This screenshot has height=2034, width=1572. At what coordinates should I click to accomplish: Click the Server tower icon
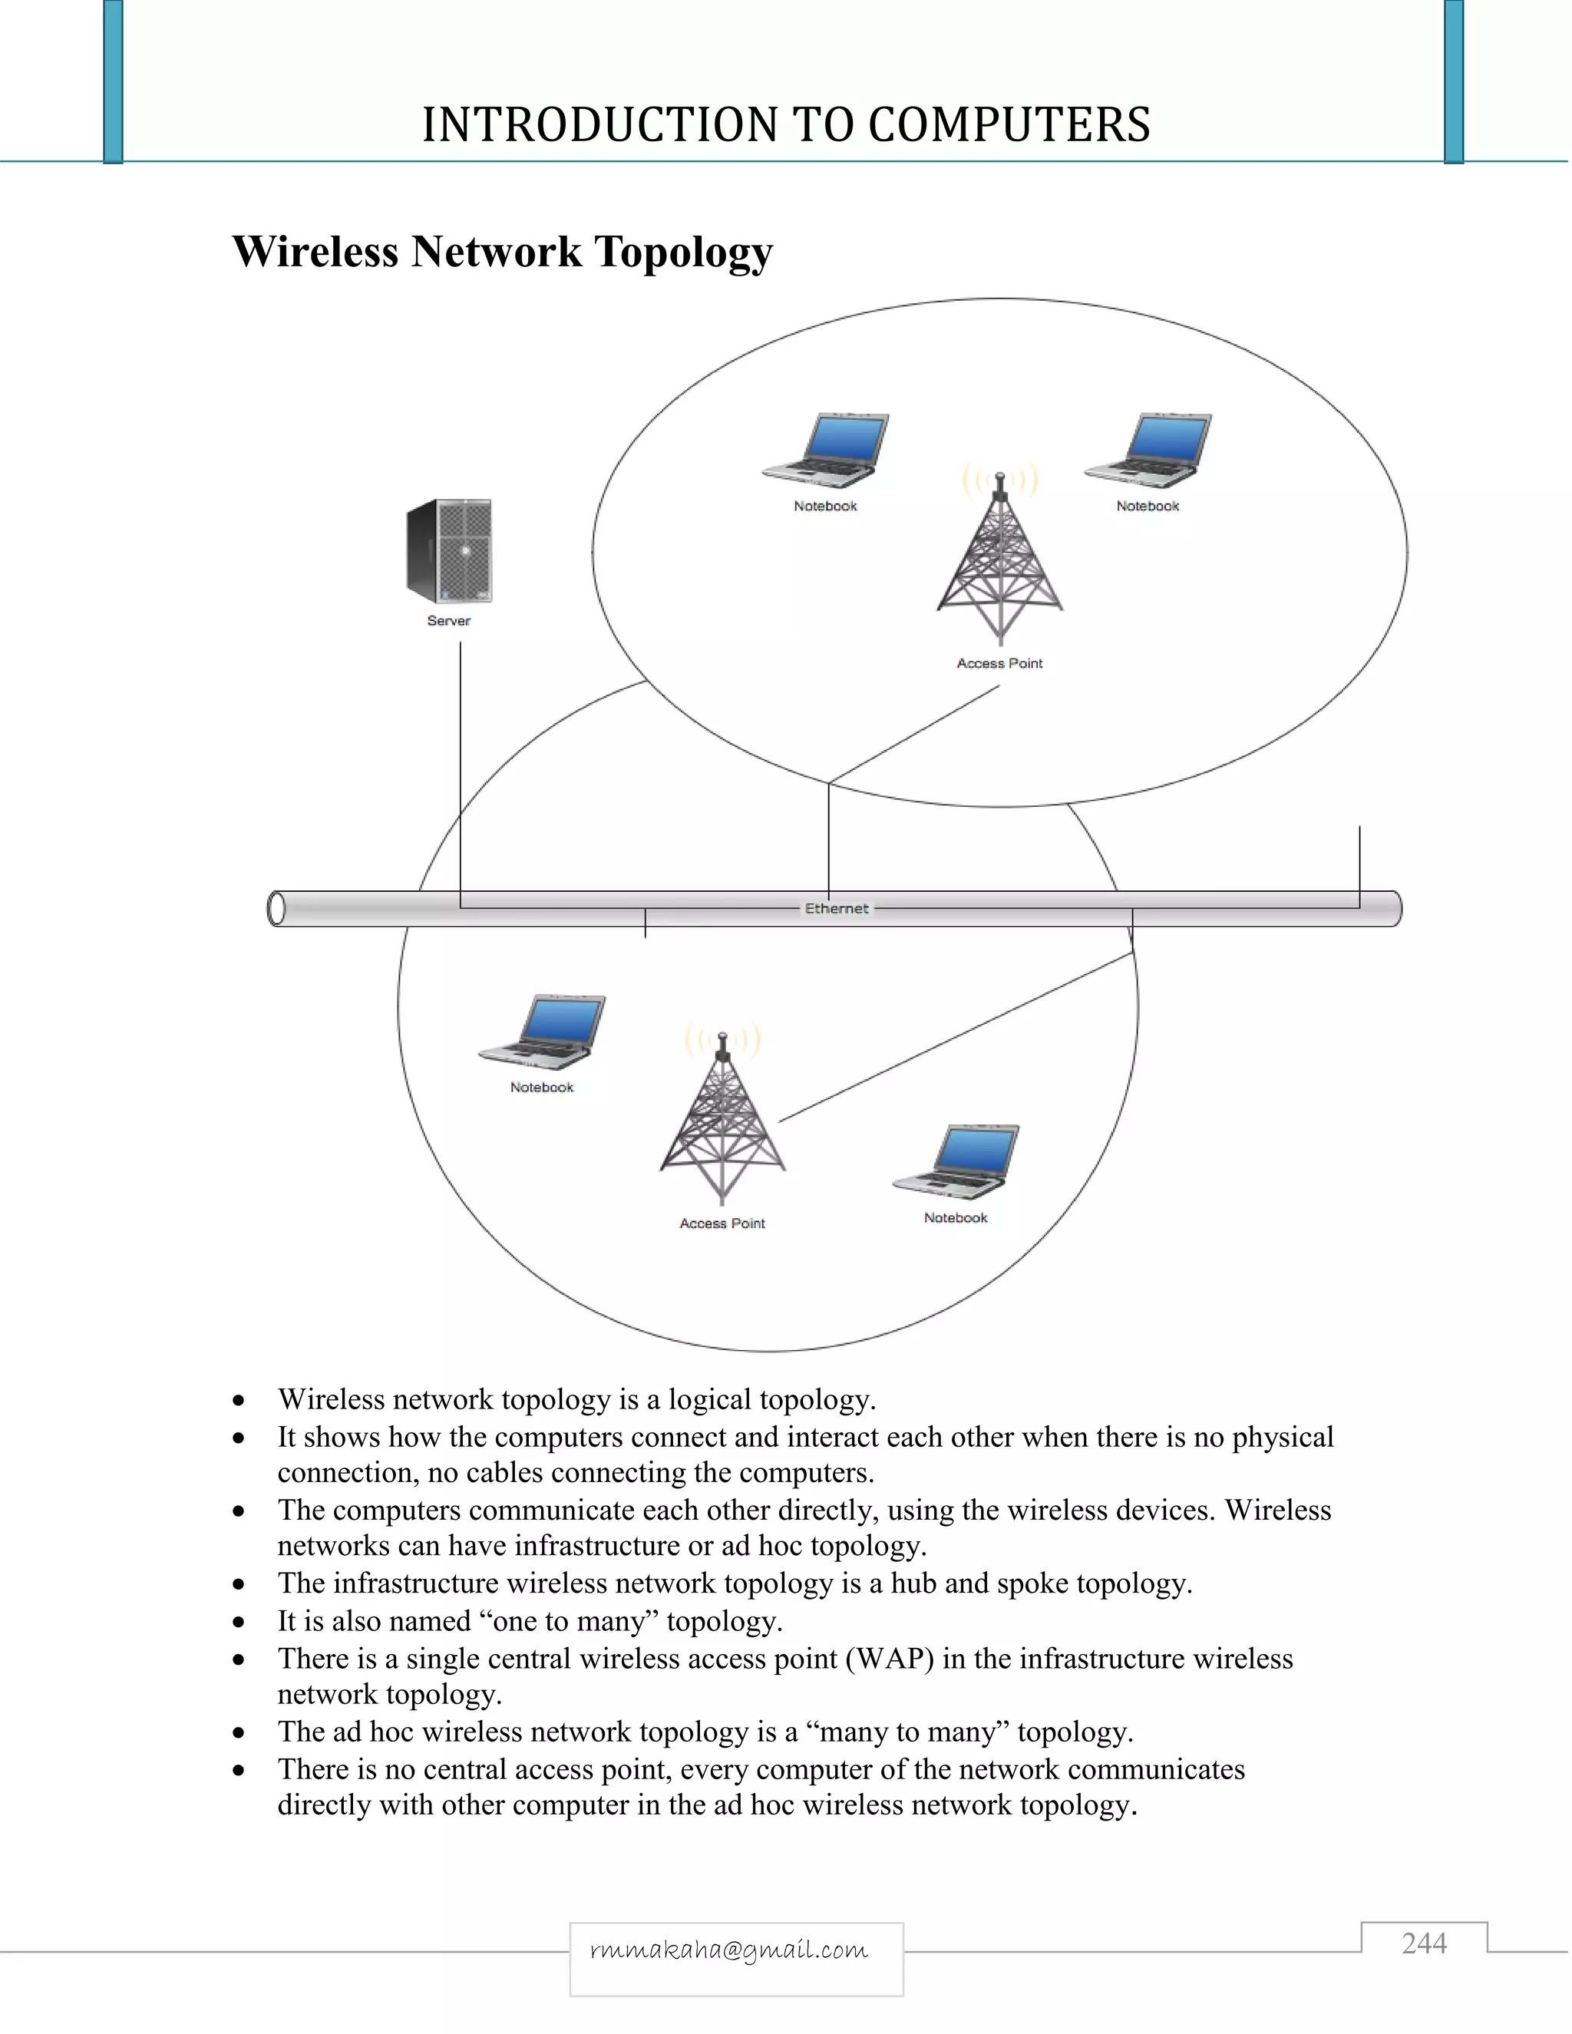449,551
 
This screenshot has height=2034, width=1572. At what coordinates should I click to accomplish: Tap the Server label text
449,621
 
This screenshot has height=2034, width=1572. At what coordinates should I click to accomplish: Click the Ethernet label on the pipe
837,909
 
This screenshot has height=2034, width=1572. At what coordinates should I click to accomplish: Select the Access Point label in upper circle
999,664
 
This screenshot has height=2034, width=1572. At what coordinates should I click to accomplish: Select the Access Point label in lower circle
722,1223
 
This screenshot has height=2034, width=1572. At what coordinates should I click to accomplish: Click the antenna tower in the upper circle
1000,559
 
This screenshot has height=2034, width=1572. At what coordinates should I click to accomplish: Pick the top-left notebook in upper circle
826,451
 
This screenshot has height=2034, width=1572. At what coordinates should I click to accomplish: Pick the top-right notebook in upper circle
1148,451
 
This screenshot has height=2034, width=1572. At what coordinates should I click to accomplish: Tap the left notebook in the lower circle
542,1032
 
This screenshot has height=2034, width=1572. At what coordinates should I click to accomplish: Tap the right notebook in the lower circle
956,1162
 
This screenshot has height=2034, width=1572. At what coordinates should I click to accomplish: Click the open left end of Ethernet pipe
276,909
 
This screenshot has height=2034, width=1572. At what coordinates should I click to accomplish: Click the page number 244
1424,1943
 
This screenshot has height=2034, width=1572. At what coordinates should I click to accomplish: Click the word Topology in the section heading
684,253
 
